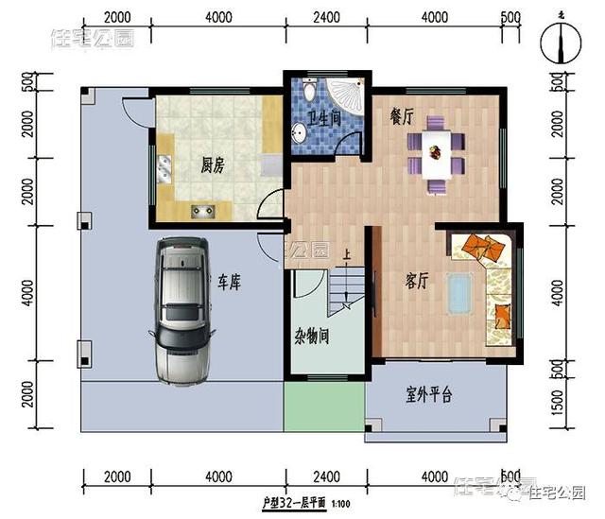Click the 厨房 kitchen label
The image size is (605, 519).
(213, 166)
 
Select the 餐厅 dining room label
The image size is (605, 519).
(403, 117)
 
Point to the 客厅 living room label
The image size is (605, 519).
(418, 281)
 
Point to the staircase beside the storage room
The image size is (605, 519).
(346, 288)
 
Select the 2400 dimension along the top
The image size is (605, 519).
(325, 17)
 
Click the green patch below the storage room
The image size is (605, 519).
(323, 405)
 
